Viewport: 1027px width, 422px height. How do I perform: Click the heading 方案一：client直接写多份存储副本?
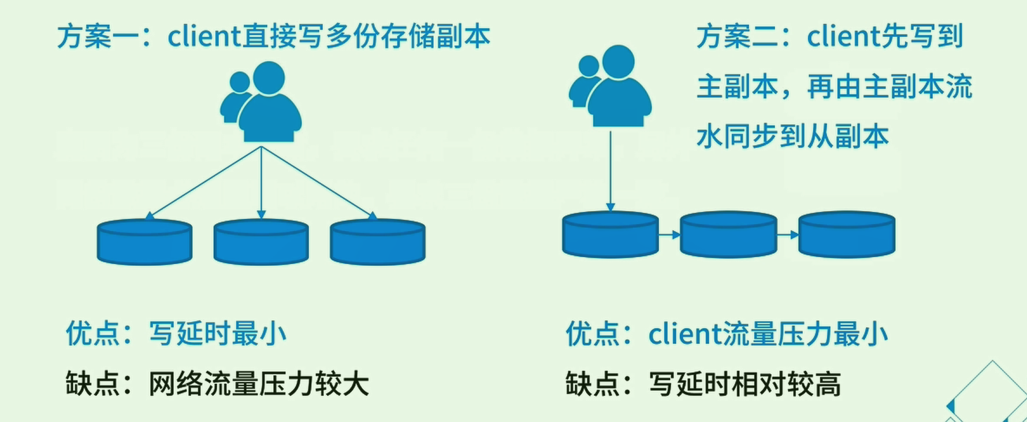[273, 36]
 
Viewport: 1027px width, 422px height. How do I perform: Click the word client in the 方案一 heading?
[204, 36]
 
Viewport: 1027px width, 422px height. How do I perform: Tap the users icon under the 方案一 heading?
[261, 102]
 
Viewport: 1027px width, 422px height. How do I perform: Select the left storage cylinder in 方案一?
[144, 242]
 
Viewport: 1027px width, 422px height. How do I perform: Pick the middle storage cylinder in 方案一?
[261, 242]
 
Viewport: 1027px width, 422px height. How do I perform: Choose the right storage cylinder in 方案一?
[378, 242]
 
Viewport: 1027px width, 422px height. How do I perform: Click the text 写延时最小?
[218, 334]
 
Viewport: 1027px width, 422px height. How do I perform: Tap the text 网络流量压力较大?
[259, 384]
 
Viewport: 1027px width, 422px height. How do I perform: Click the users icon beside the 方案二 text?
[611, 86]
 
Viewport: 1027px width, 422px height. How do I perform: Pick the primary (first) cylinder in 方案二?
[611, 234]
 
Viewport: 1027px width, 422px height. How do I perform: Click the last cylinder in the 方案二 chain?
[847, 234]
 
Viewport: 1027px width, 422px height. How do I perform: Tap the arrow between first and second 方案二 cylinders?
[669, 235]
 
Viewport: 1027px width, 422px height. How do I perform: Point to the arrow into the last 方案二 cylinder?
[788, 235]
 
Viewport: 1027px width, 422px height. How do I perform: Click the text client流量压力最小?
[768, 334]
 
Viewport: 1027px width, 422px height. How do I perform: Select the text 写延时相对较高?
[745, 384]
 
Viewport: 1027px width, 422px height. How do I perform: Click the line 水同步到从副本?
[792, 136]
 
